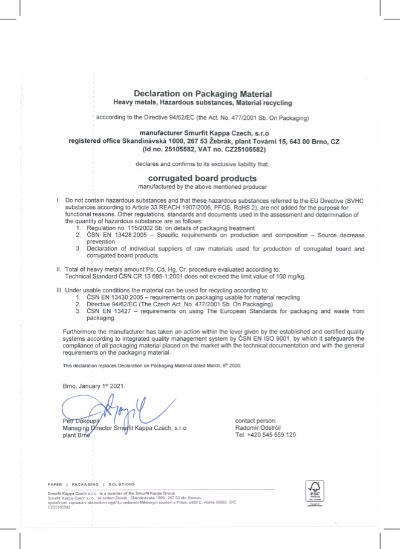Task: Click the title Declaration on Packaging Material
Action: pos(203,94)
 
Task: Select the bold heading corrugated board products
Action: pos(203,179)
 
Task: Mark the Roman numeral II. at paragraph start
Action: pos(59,269)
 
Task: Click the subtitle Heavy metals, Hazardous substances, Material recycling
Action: pos(203,103)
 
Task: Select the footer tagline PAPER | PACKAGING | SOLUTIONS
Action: pos(91,484)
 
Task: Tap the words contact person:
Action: pos(255,421)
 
